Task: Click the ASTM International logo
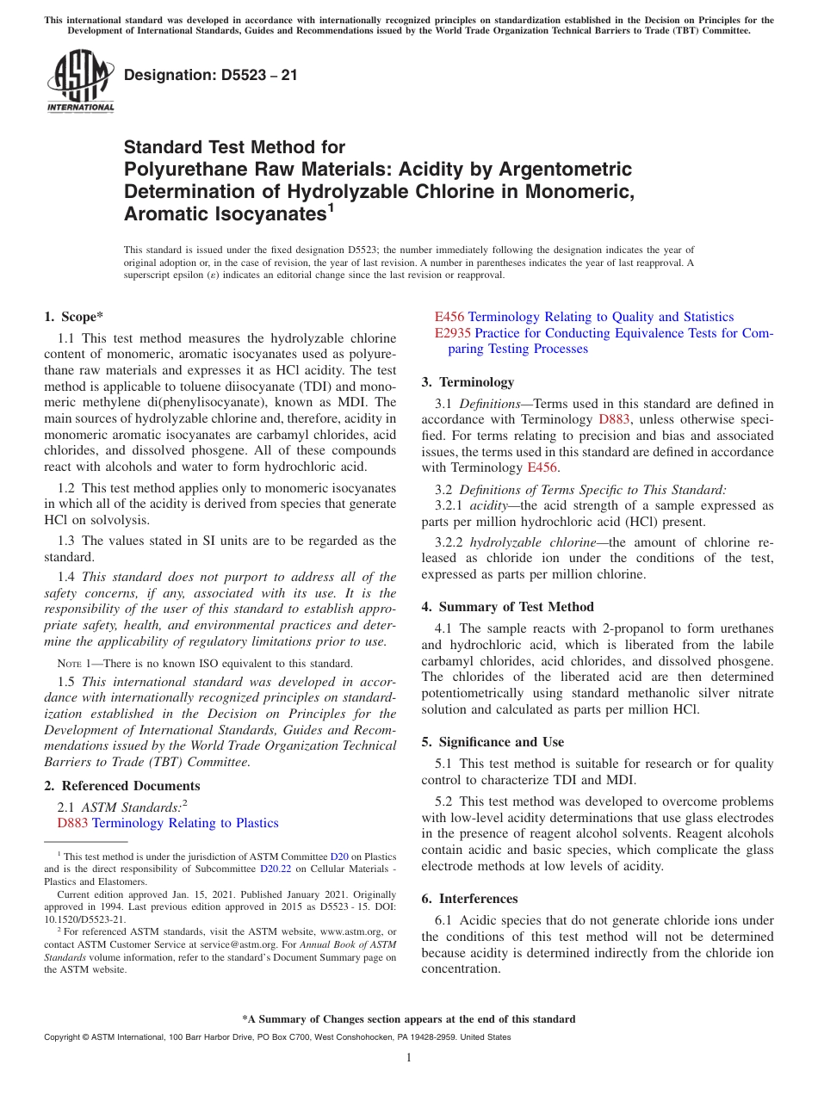point(80,81)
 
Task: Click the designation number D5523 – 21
point(211,75)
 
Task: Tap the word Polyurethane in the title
point(177,169)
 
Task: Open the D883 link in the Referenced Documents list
point(72,823)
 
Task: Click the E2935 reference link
point(453,333)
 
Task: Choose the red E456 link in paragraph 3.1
point(542,467)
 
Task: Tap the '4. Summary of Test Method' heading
point(507,607)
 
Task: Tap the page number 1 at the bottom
point(409,1057)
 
